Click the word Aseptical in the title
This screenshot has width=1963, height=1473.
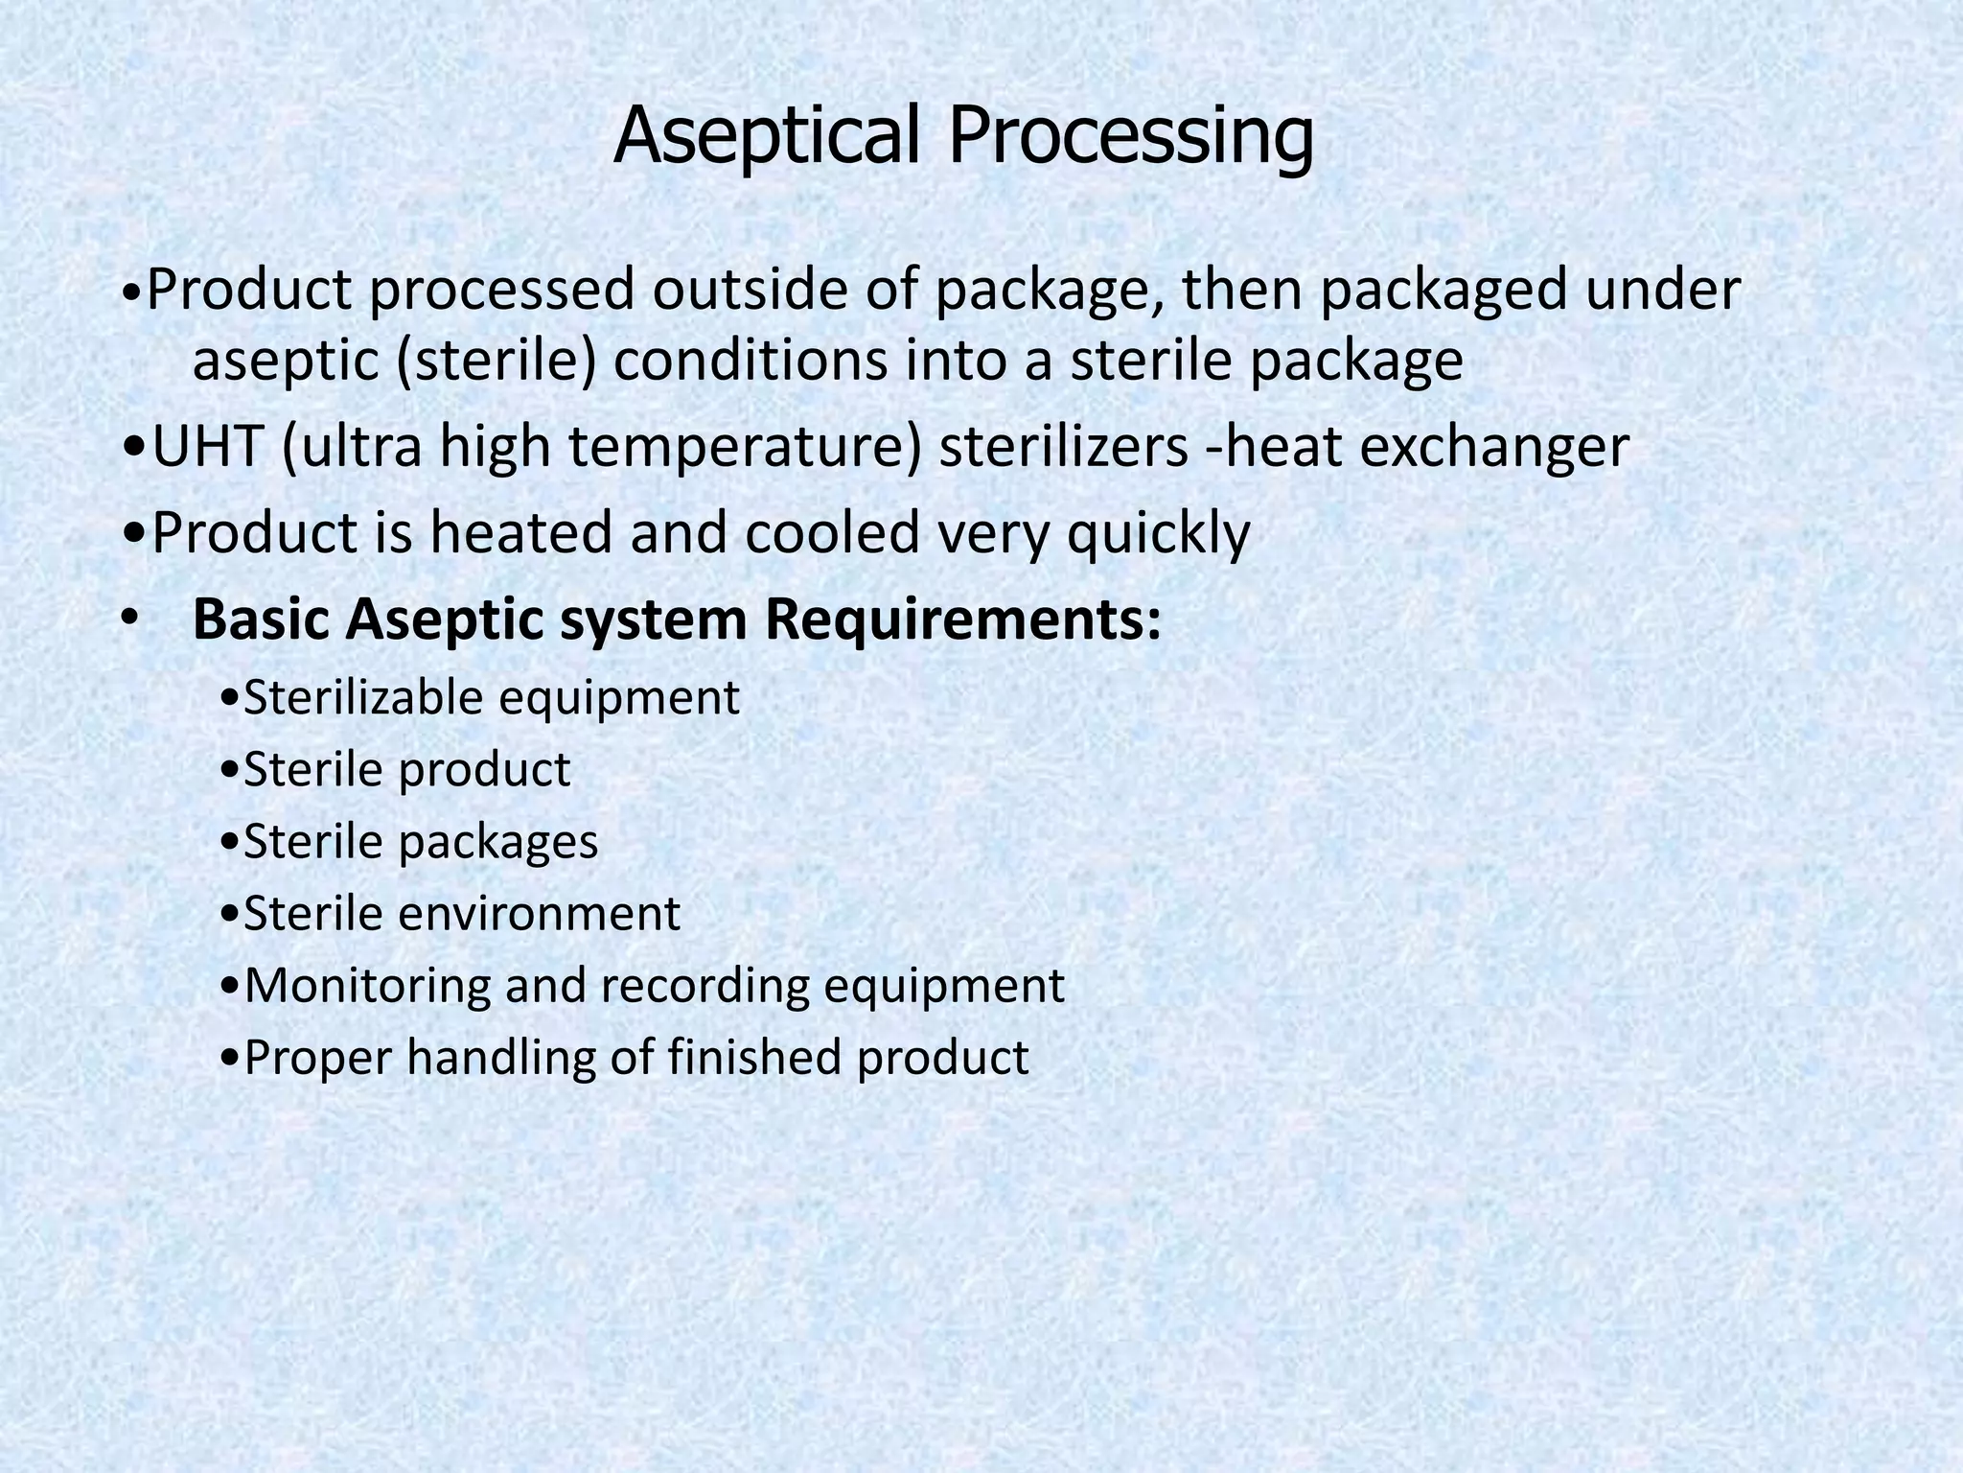pos(768,136)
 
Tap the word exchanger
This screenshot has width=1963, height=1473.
pos(1494,449)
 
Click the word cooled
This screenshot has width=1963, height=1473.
pos(833,533)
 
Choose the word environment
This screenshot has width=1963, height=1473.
pos(539,914)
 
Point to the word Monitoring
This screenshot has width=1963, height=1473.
pos(367,987)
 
